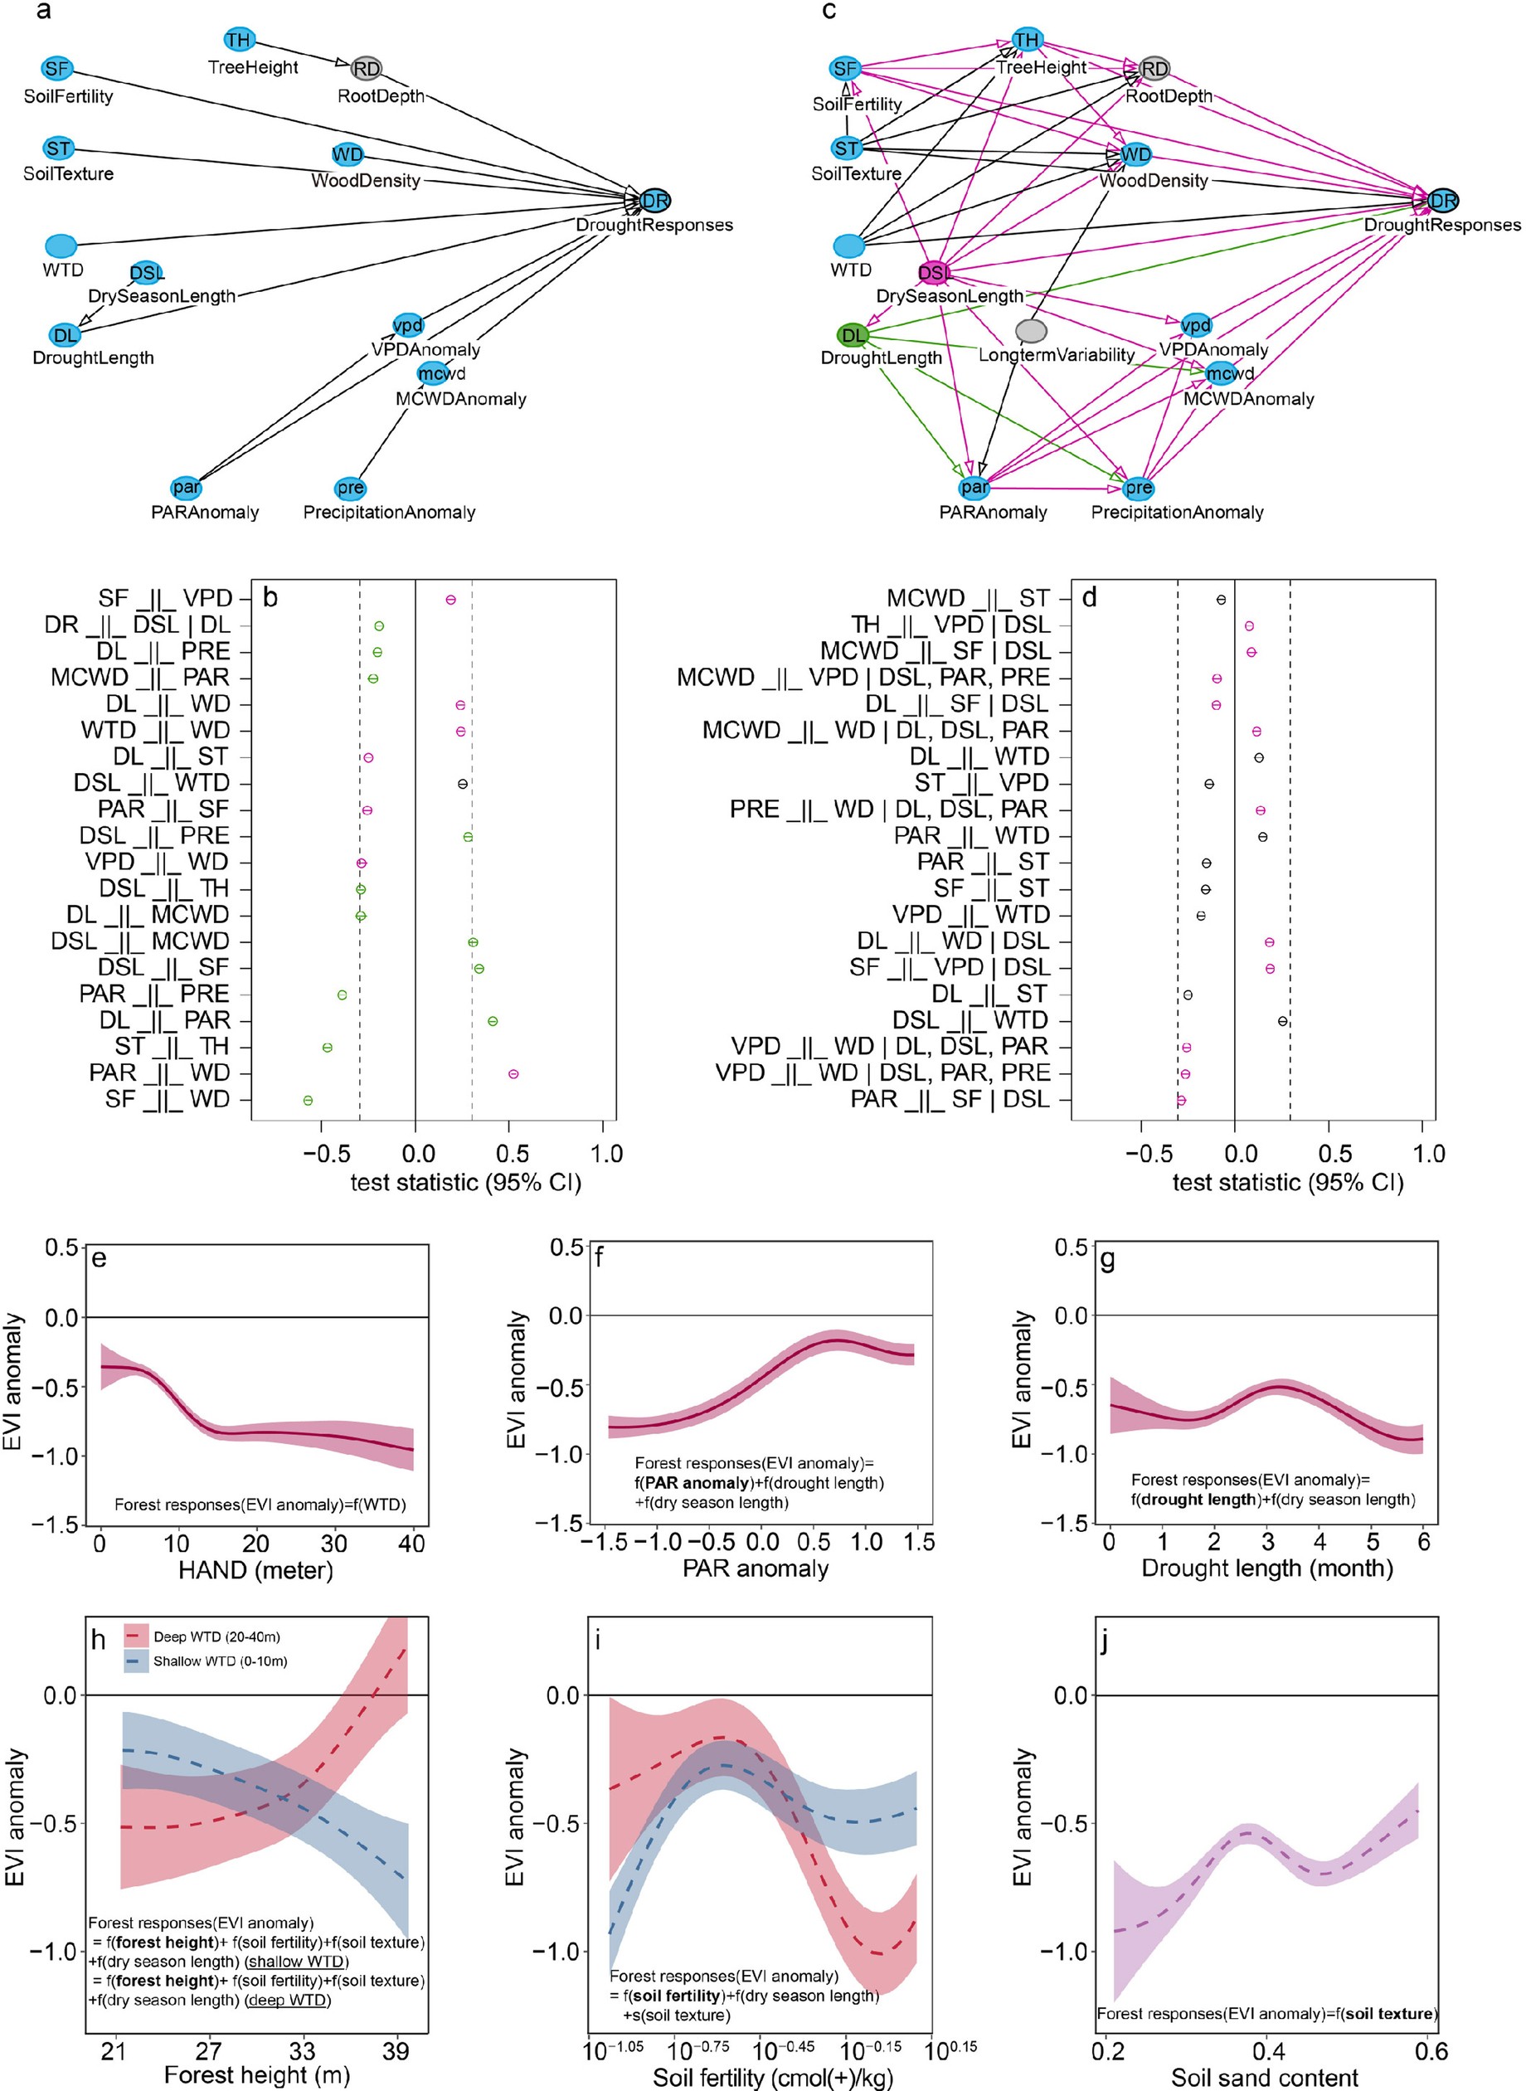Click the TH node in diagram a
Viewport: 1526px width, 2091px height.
239,40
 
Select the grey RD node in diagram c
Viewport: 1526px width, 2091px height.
1154,68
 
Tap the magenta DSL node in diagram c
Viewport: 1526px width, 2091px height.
934,272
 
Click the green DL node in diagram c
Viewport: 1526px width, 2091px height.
853,334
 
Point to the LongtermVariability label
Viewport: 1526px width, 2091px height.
1056,355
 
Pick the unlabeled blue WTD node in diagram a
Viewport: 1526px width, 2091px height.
61,246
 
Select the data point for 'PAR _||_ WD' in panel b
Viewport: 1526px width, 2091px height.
513,1074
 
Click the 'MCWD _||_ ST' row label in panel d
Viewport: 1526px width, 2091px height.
967,599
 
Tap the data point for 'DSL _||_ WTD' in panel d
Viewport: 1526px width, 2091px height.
1282,1022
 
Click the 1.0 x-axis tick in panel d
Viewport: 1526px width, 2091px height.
1428,1154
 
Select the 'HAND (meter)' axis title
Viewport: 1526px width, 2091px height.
255,1570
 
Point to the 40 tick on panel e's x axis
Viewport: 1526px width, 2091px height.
412,1544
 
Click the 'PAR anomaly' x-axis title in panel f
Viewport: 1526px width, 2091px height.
755,1568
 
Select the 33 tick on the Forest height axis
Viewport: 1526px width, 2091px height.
302,2051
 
